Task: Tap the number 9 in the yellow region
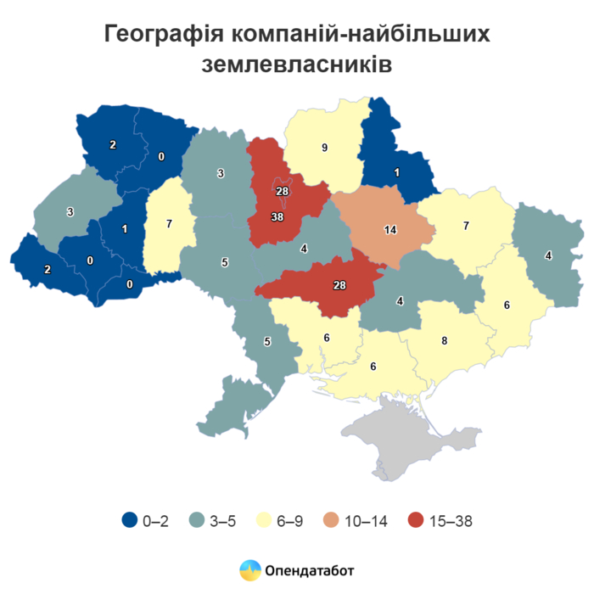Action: coord(323,148)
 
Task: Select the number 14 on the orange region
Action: coord(389,230)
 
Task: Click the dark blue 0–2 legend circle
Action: coord(130,521)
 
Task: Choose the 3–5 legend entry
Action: coord(214,521)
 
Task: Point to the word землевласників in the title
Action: coord(297,64)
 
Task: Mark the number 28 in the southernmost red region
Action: coord(339,285)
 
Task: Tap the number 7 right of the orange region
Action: coord(466,226)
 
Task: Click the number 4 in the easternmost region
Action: coord(548,255)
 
